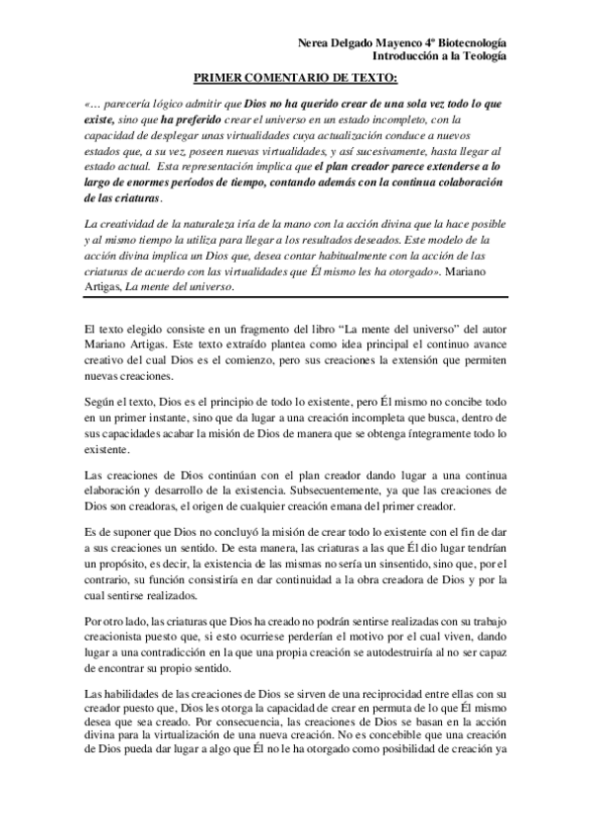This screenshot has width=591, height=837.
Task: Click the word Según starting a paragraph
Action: click(x=102, y=366)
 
